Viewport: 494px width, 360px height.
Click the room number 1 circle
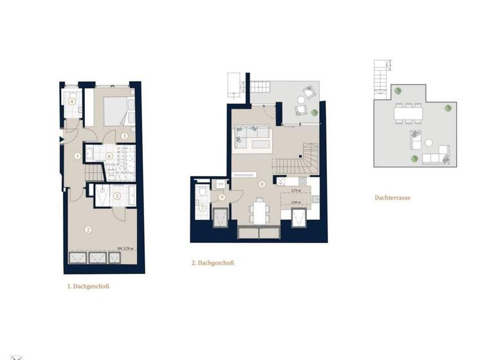(x=78, y=156)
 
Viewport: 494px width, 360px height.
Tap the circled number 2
(x=89, y=228)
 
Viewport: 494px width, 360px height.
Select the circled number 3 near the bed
(x=125, y=136)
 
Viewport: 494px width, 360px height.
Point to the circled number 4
(x=72, y=101)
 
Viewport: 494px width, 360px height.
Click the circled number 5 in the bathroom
(x=116, y=196)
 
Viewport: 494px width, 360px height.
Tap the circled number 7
(x=201, y=207)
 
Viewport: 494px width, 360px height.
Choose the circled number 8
(x=262, y=184)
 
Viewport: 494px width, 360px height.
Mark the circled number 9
(x=221, y=197)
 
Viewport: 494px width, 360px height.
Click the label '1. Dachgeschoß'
(x=88, y=287)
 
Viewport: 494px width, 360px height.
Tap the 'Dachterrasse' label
(x=392, y=198)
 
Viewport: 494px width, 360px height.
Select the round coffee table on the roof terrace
(x=428, y=145)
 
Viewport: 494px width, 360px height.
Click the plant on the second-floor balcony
(x=314, y=113)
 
